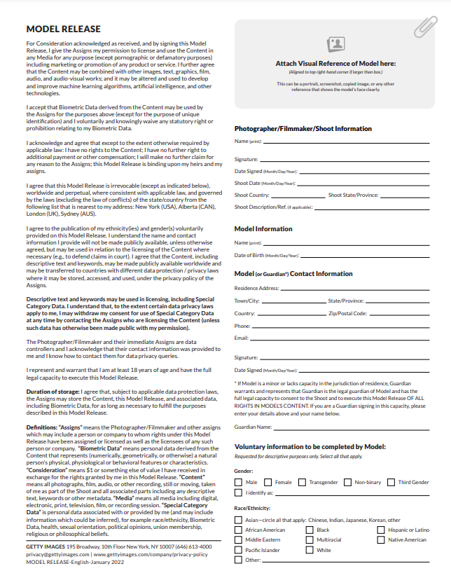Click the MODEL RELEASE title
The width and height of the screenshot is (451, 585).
[63, 29]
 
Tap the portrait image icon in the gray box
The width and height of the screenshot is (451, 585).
[336, 44]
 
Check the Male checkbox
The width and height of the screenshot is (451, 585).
[238, 482]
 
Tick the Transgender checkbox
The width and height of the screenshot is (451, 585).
[302, 482]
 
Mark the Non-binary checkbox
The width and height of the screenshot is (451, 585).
[347, 482]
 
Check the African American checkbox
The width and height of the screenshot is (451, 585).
[238, 530]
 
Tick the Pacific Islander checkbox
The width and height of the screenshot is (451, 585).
[238, 550]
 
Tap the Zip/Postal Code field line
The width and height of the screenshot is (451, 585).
[396, 314]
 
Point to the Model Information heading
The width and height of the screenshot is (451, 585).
[263, 229]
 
